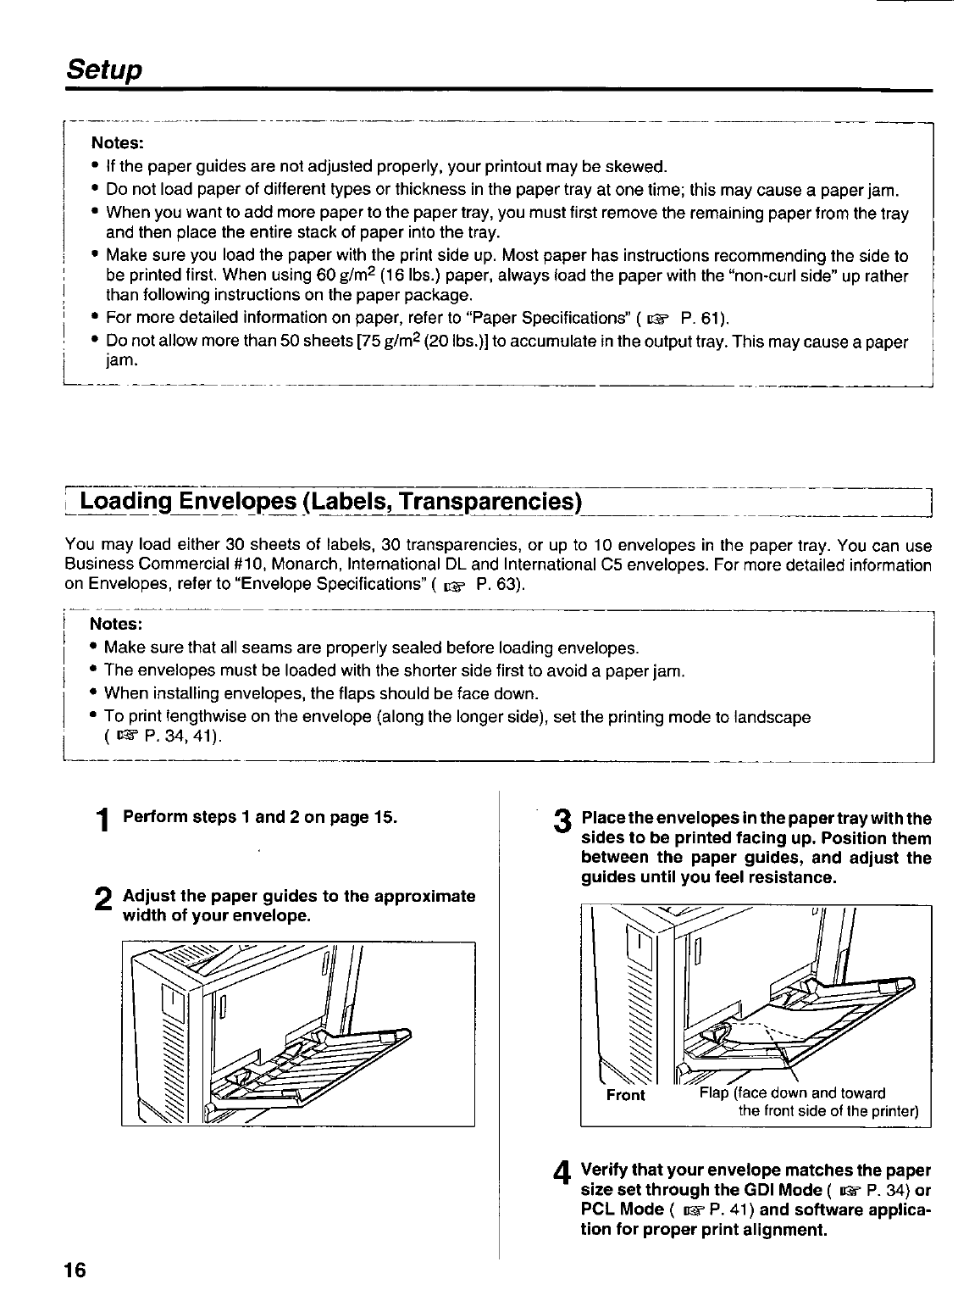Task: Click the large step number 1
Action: (102, 820)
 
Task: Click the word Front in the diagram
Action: (626, 1095)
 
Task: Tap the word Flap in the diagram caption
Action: (713, 1092)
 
